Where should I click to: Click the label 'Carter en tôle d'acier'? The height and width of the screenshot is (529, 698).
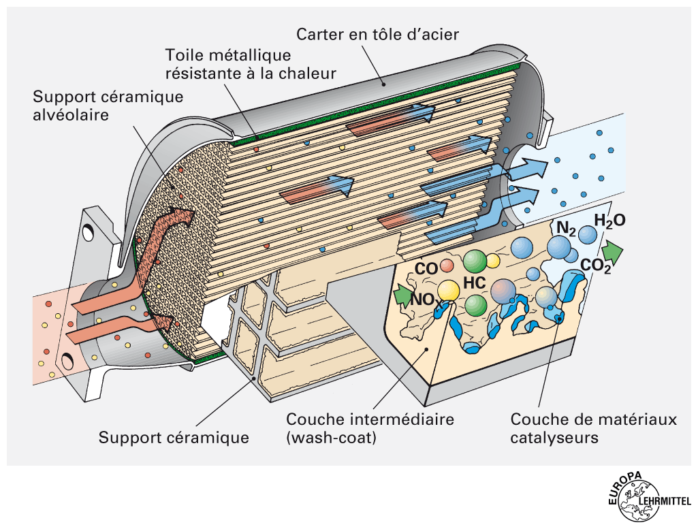(x=387, y=33)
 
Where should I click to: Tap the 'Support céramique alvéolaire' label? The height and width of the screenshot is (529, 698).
(x=108, y=106)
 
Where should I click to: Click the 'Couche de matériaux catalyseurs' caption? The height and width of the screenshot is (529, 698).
(x=593, y=428)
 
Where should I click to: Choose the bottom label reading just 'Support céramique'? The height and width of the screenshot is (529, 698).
(x=174, y=437)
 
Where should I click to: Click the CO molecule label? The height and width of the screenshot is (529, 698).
(x=426, y=269)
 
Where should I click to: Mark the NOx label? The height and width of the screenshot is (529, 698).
(x=424, y=299)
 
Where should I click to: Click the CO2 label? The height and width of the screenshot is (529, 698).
(x=596, y=266)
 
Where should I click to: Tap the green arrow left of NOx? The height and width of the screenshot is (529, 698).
(x=402, y=295)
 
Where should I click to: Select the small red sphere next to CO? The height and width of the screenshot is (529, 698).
(x=446, y=265)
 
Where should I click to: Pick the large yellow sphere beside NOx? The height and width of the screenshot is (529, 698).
(x=449, y=291)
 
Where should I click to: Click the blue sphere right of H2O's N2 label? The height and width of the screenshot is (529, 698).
(x=588, y=235)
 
